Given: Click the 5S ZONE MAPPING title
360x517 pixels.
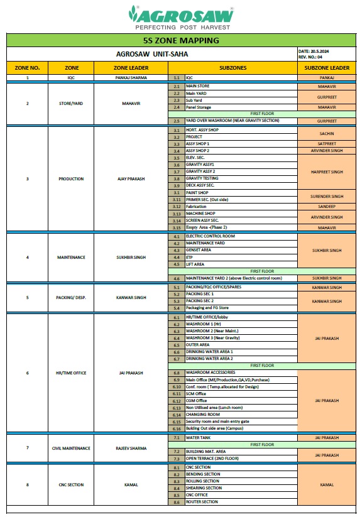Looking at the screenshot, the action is pos(181,41).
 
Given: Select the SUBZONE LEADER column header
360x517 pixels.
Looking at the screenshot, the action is pos(327,67).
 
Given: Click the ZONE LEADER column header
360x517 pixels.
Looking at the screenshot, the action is pos(131,67).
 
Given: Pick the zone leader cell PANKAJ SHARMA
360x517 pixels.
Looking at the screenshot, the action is pos(131,78).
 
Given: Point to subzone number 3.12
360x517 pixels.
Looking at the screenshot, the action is pos(177,206).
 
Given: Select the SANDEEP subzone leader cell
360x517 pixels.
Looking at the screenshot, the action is pos(327,206).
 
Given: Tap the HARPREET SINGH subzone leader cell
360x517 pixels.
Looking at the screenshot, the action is pos(327,171).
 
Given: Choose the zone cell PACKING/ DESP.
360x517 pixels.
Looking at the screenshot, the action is pos(71,297).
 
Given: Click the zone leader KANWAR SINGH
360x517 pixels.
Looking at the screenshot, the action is pos(131,297).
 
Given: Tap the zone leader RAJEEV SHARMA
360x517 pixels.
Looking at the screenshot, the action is pos(131,448).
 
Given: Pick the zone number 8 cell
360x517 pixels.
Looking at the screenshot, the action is pos(27,484).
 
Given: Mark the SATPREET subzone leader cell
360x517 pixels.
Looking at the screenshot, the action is pos(327,143).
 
